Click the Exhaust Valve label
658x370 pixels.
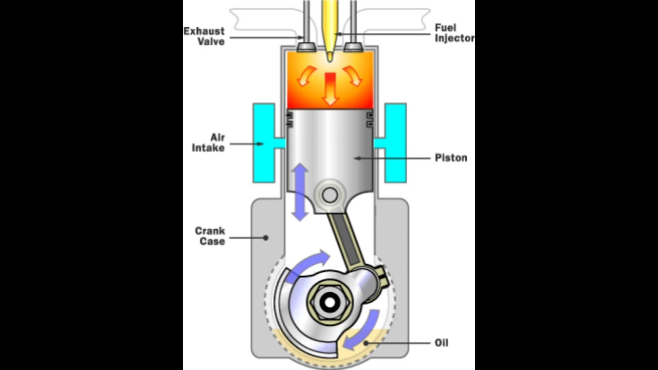pos(204,36)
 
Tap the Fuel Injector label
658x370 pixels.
pos(454,32)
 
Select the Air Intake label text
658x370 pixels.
pos(208,143)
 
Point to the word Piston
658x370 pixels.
pos(451,158)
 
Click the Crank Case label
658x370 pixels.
pos(210,236)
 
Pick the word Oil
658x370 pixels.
pos(441,342)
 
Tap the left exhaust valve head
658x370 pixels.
pos(307,47)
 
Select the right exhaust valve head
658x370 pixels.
pos(354,47)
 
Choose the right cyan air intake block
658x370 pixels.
pos(395,143)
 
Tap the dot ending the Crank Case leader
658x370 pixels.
pos(265,237)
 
